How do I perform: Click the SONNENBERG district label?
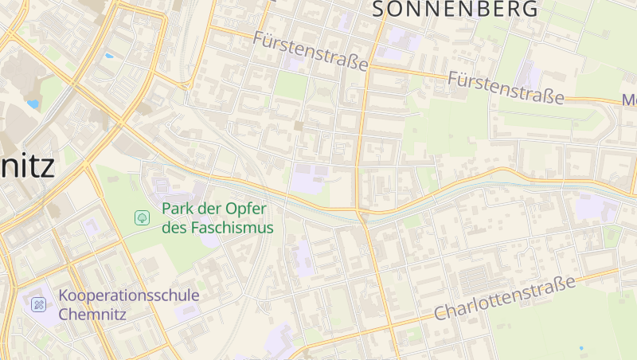point(455,9)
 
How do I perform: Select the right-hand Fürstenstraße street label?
point(506,88)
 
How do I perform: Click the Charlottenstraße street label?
point(505,299)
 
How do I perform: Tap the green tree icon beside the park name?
point(142,217)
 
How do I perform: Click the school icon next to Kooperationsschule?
point(38,304)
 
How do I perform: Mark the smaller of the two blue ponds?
point(108,56)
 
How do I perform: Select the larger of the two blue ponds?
point(33,104)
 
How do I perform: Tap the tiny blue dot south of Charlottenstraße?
point(581,348)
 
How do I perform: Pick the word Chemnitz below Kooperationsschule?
point(92,313)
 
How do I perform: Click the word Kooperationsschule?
point(128,295)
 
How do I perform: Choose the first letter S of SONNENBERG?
point(381,9)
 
